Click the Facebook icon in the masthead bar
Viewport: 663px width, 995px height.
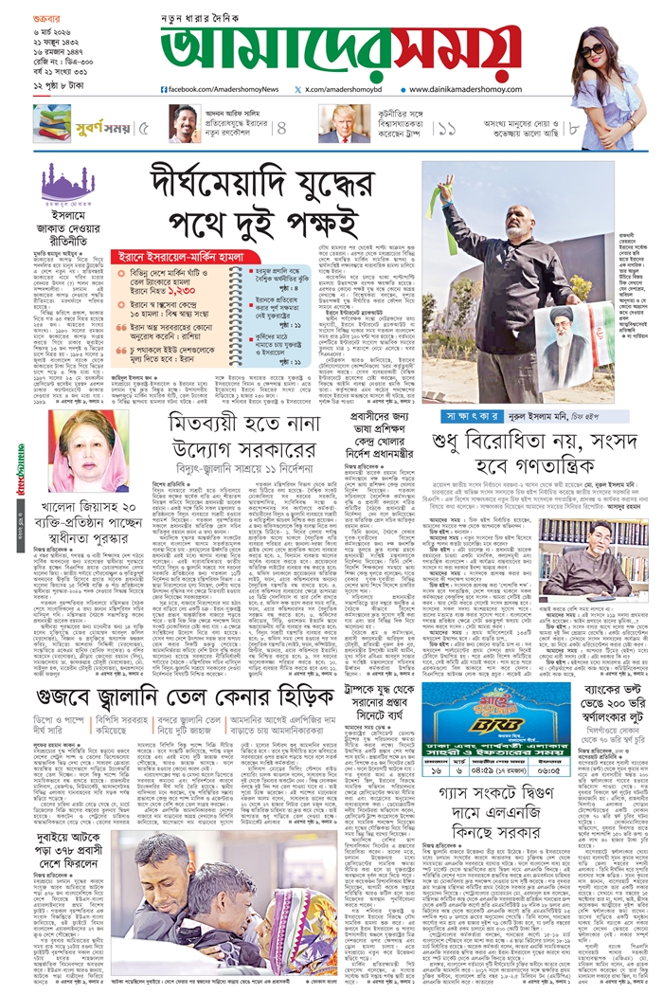[x=166, y=89]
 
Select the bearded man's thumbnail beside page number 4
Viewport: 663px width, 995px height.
[x=185, y=123]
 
